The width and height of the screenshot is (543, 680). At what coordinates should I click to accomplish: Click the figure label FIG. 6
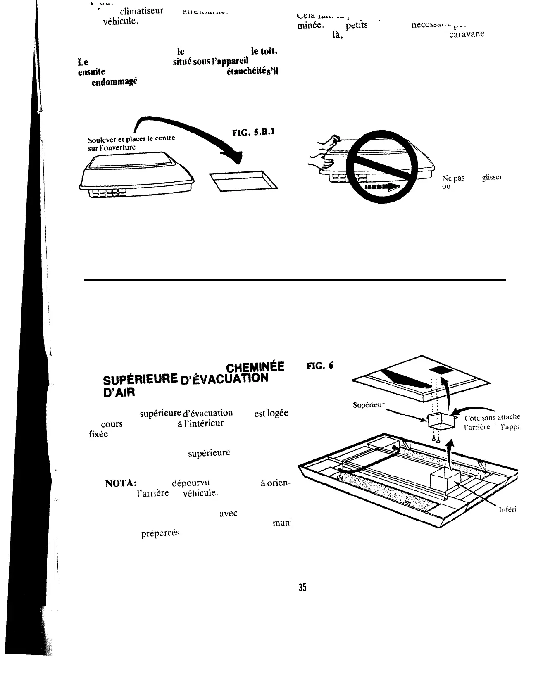tap(319, 366)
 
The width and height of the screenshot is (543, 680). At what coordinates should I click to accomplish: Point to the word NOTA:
tap(119, 483)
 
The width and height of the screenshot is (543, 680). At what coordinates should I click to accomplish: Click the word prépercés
tap(160, 533)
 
